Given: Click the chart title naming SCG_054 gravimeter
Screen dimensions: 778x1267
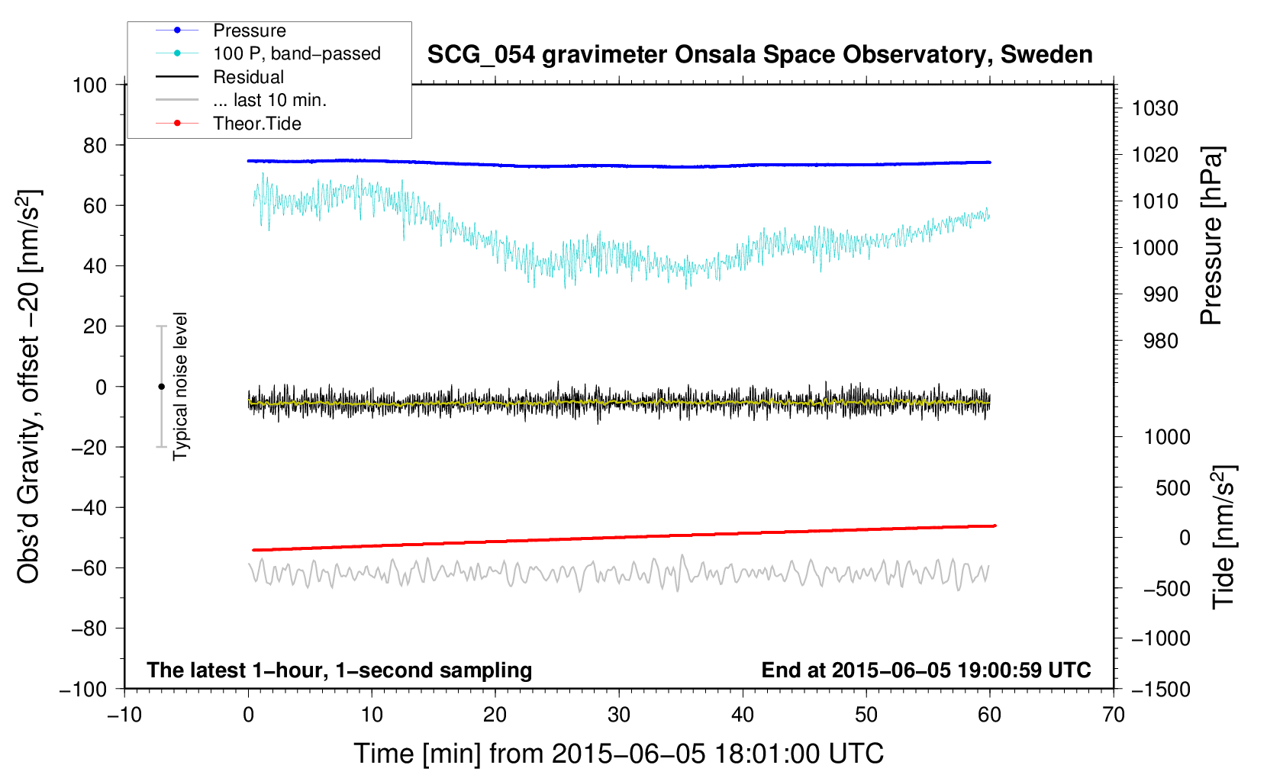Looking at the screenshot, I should [759, 55].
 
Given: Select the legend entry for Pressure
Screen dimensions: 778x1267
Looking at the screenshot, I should [249, 31].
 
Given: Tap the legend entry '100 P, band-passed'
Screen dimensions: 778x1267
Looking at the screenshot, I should [296, 54].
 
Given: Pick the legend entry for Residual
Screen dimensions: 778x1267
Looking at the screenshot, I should [248, 77].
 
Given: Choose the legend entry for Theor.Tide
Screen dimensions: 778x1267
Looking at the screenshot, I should [256, 124].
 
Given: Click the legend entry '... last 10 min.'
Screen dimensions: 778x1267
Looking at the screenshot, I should [269, 100].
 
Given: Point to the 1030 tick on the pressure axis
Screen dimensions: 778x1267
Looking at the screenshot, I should [1154, 108].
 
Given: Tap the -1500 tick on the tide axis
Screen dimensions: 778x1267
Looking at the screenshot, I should [1161, 689].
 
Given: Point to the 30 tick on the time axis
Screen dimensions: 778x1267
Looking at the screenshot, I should [619, 715].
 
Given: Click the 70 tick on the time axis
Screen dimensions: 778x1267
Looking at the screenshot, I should [1114, 715].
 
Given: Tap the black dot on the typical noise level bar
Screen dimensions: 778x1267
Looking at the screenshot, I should [161, 387].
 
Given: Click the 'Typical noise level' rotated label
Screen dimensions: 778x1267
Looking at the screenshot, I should [180, 386].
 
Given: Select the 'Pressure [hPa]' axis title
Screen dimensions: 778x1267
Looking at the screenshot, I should [1211, 236].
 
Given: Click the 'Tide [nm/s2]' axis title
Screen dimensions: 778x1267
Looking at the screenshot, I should [1223, 536].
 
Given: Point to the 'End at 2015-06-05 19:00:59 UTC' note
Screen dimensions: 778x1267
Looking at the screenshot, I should [926, 670].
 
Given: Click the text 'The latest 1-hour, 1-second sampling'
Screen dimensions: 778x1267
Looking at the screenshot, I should [340, 670].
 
